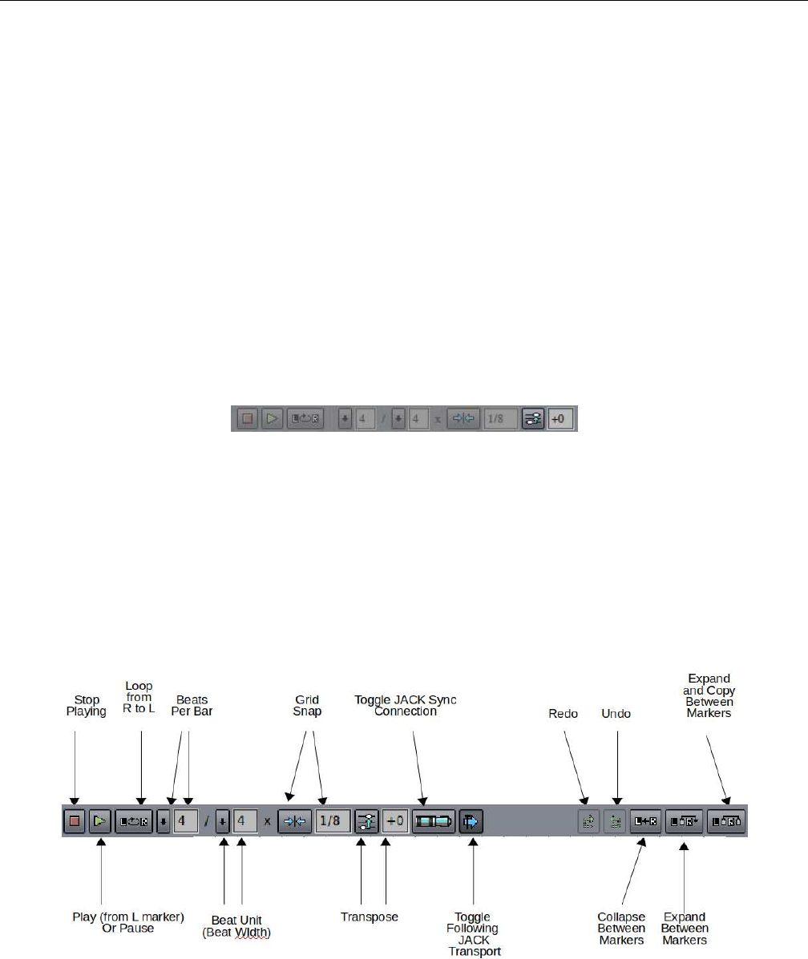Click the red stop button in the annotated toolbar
coord(75,821)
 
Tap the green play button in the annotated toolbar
coord(100,821)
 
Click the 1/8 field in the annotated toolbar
coord(333,821)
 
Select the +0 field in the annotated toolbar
coord(394,821)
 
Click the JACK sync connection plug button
coord(433,821)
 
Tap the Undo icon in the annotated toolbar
coord(615,821)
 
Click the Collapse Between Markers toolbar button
coord(645,821)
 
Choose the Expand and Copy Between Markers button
coord(726,821)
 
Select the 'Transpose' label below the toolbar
coord(370,916)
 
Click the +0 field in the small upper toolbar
coord(561,419)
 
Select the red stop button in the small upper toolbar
coord(248,419)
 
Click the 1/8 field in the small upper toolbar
coord(500,419)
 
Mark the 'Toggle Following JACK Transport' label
coord(473,934)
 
